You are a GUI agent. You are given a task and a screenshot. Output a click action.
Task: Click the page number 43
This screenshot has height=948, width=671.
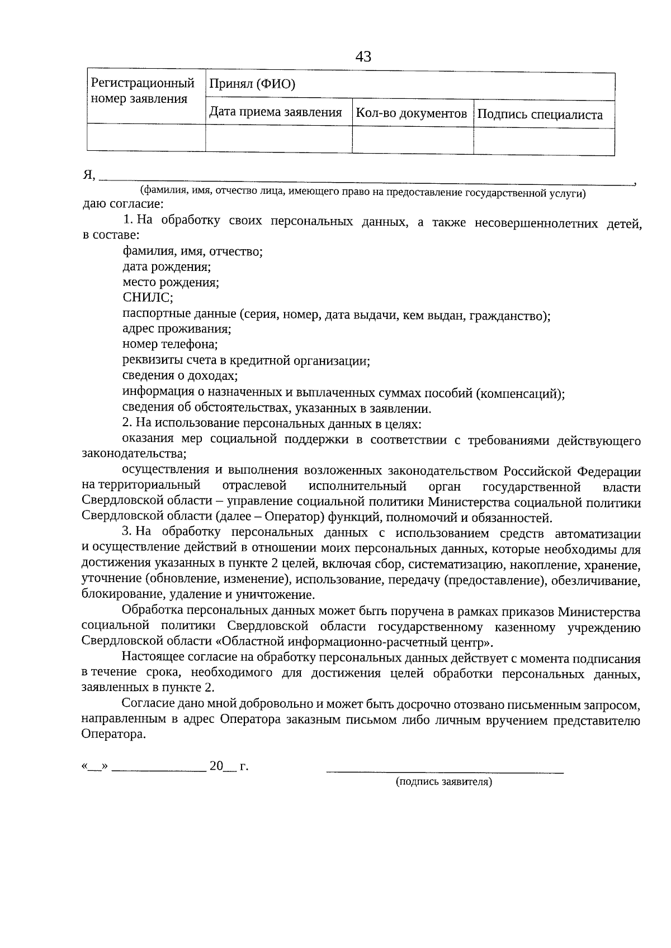(363, 57)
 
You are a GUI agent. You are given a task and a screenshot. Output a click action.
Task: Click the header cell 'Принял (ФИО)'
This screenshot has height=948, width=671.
(252, 84)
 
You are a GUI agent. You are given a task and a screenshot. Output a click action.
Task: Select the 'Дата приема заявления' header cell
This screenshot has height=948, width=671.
(276, 112)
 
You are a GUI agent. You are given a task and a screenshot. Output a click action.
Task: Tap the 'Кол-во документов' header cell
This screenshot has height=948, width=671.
(412, 113)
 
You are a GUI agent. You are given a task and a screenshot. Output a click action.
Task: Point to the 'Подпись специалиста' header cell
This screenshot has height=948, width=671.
(541, 115)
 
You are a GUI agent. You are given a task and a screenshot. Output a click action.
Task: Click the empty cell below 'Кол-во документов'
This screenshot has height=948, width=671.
(413, 140)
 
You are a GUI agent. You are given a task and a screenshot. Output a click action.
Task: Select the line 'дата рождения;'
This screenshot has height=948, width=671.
(167, 266)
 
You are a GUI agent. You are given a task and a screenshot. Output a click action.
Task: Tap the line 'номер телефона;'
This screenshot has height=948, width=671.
(170, 344)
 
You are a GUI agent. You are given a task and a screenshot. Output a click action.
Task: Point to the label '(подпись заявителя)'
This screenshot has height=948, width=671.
(444, 782)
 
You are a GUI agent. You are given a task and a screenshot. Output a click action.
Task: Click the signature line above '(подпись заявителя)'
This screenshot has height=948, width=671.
(445, 771)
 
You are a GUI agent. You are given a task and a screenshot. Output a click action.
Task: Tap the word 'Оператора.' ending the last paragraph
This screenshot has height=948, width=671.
(114, 735)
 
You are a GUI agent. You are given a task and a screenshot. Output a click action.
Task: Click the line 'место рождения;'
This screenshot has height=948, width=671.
(171, 282)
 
